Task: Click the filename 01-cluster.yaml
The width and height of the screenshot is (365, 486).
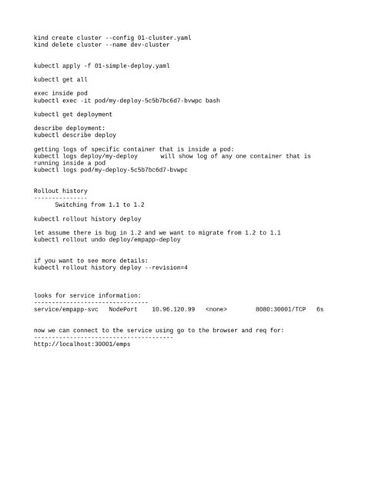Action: pos(163,37)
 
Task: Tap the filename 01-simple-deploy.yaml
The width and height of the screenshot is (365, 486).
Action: pos(132,65)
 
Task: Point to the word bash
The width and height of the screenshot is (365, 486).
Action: pos(213,100)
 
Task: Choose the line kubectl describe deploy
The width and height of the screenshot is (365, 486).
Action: pos(75,135)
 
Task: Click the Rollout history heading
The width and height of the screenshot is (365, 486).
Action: pos(60,191)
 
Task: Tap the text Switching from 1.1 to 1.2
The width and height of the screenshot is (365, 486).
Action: pos(100,205)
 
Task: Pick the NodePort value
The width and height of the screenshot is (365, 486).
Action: pos(123,309)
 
